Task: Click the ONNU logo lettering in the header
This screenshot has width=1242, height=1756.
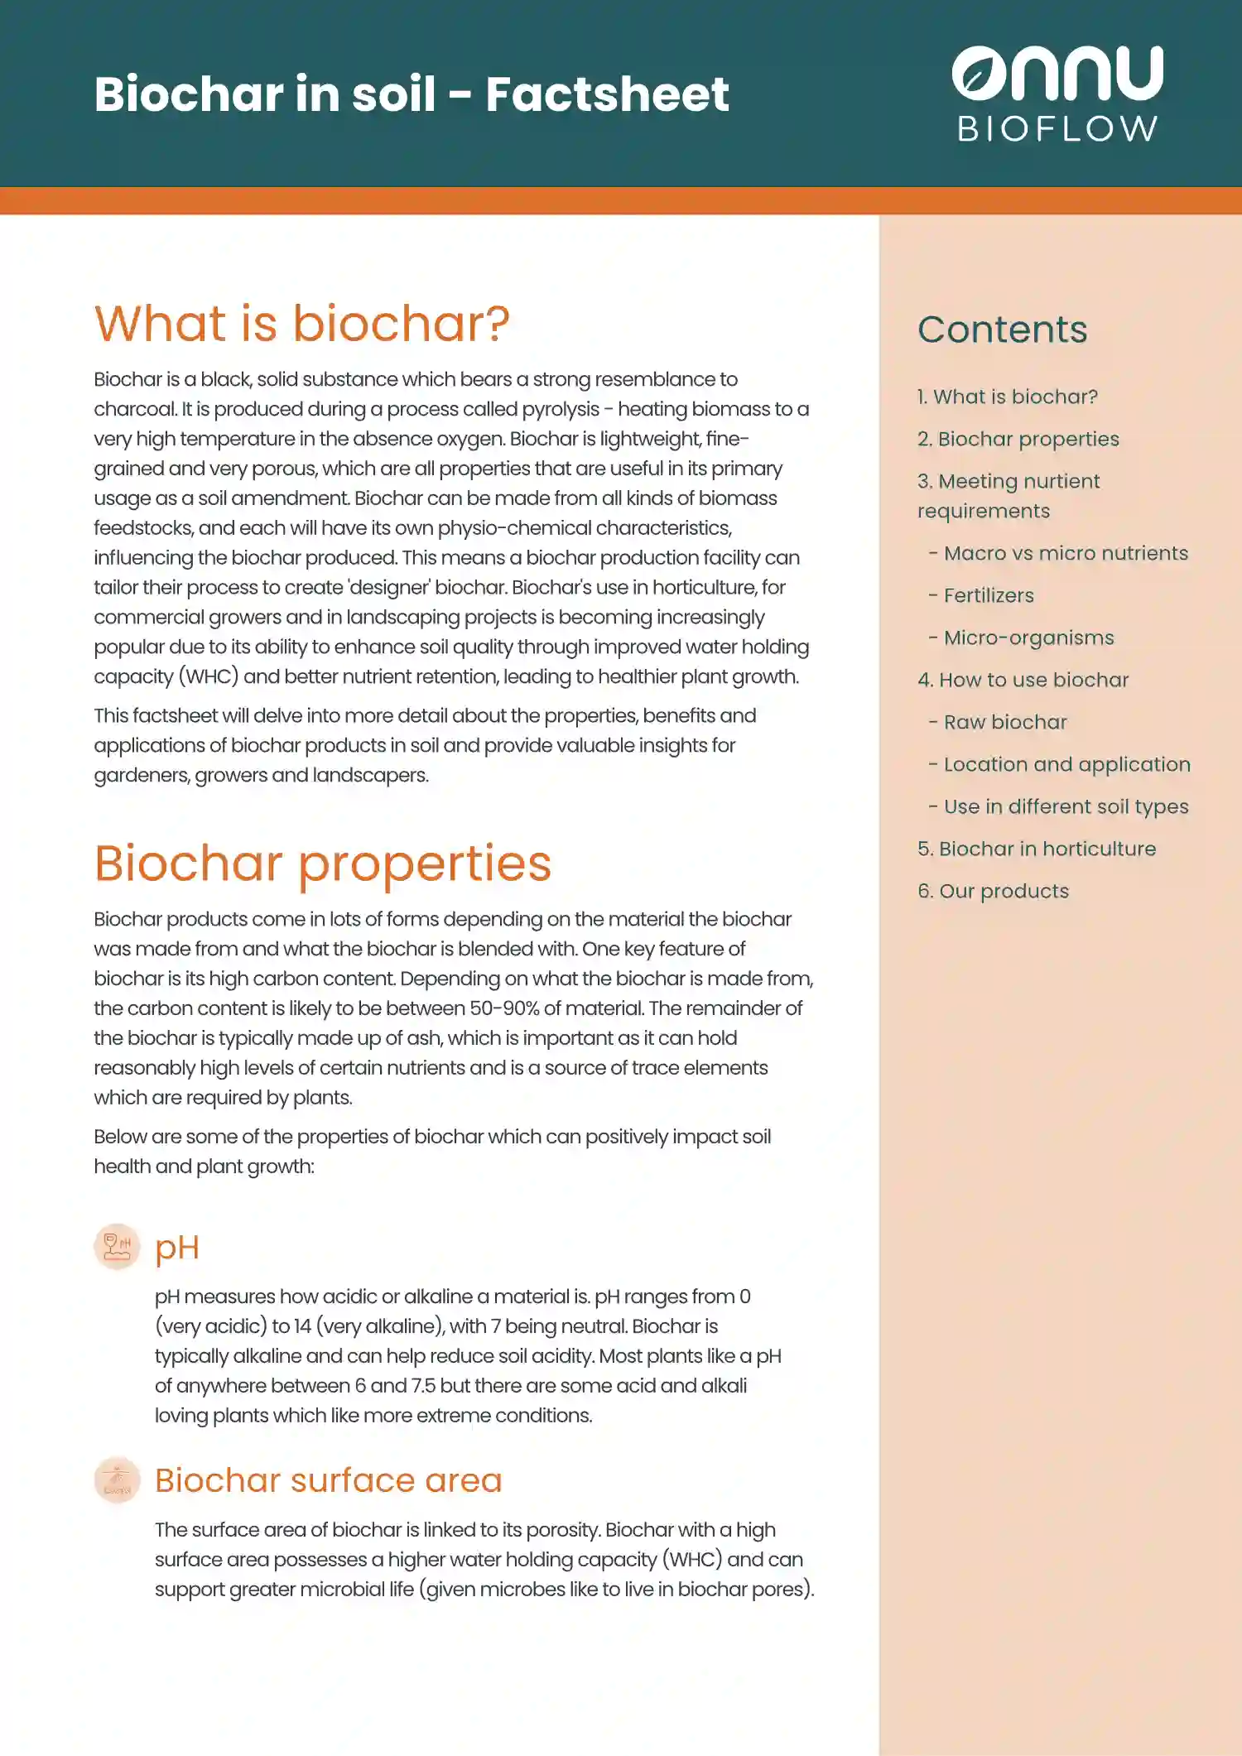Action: point(1057,73)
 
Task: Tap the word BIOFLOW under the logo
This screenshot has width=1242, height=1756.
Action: point(1057,129)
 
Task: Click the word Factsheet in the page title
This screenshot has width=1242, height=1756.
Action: point(607,94)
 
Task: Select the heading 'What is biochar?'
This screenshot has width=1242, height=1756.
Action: point(301,323)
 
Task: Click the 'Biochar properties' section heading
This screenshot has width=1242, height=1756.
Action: point(322,863)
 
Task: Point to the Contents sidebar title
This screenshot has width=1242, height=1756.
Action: point(1002,330)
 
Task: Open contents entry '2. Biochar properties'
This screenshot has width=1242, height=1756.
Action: point(1018,439)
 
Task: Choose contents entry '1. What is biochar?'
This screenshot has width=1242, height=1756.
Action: point(1007,397)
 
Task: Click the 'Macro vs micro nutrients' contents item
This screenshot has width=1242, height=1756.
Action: point(1065,553)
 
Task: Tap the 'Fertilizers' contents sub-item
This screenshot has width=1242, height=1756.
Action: point(988,595)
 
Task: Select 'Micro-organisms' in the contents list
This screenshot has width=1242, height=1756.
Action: point(1028,637)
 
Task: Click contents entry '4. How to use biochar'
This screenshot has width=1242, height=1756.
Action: point(1023,680)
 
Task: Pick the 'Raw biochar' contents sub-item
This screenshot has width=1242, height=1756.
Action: point(1004,722)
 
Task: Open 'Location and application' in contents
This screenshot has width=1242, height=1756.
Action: point(1066,764)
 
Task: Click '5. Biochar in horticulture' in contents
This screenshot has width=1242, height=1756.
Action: point(1037,849)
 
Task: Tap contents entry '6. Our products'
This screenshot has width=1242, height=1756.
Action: point(993,891)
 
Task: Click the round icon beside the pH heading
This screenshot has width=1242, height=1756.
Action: point(117,1247)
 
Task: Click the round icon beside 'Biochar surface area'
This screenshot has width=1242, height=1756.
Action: point(117,1480)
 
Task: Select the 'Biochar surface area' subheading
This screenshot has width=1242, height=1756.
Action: point(328,1480)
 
